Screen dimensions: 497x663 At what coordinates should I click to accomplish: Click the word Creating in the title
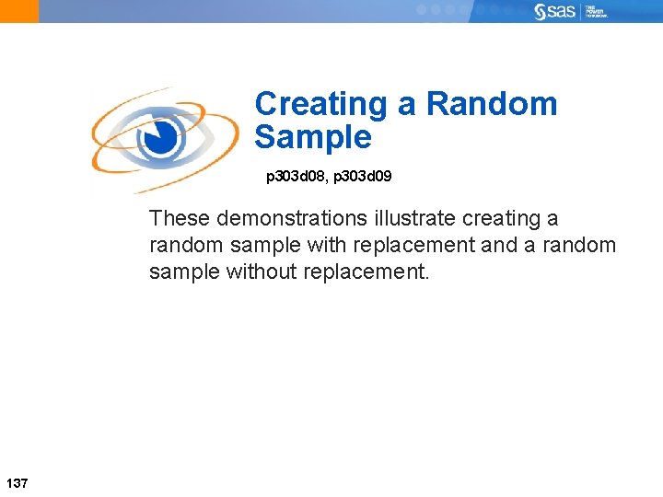[x=321, y=104]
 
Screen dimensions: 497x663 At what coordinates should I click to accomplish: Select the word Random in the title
[x=492, y=104]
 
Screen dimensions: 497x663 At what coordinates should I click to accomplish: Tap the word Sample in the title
[x=313, y=137]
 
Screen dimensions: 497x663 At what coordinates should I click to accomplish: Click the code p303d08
[x=296, y=175]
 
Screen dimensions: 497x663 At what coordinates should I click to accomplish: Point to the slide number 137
[x=17, y=482]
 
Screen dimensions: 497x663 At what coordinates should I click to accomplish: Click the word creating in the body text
[x=504, y=219]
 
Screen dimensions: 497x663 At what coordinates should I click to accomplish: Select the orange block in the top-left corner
[x=19, y=11]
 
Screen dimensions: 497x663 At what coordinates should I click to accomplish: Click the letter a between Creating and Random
[x=407, y=104]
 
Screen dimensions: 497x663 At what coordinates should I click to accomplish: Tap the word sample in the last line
[x=184, y=272]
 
